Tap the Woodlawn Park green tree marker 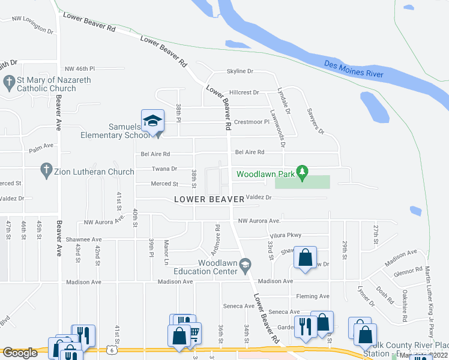303,173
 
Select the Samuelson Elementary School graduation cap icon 152,120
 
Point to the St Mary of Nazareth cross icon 9,82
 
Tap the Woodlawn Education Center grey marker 245,265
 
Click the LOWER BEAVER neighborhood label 209,199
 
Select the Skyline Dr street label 240,71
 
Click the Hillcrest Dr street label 244,93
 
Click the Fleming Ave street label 313,296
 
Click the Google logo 20,353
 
